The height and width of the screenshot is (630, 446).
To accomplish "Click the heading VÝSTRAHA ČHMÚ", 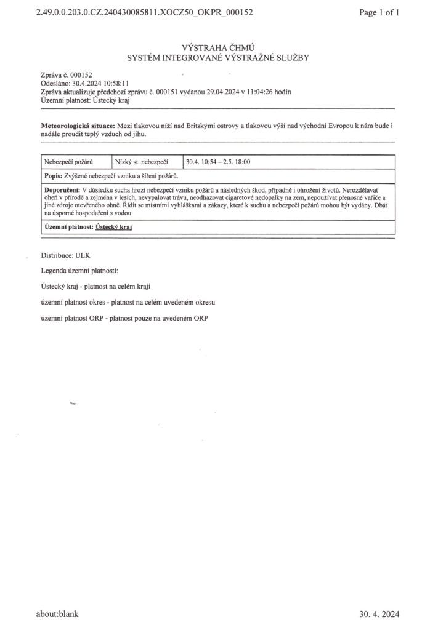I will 219,48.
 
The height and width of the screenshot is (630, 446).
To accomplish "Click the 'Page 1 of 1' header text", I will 379,12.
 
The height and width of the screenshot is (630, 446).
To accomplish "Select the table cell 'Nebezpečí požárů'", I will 68,162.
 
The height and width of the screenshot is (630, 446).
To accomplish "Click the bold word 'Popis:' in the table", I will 53,176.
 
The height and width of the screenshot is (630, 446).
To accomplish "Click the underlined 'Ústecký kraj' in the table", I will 114,227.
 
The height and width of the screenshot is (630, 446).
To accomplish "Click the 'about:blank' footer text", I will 57,614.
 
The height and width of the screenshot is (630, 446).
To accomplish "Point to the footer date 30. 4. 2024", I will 379,614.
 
